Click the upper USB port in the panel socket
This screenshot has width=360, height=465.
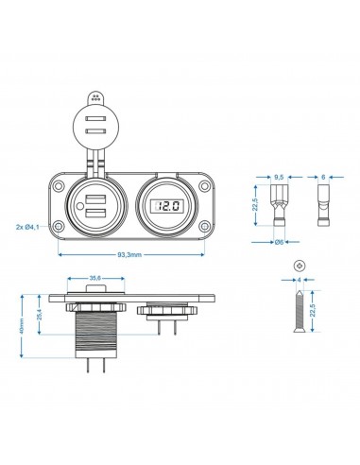pyautogui.click(x=97, y=198)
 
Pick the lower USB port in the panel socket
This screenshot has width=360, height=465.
pyautogui.click(x=97, y=213)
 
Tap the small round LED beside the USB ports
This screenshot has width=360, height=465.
pyautogui.click(x=116, y=205)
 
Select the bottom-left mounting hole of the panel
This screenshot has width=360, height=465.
pyautogui.click(x=60, y=227)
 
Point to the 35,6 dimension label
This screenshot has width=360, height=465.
pyautogui.click(x=95, y=279)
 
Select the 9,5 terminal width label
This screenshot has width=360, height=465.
pyautogui.click(x=278, y=177)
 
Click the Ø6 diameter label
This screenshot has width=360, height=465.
pyautogui.click(x=279, y=243)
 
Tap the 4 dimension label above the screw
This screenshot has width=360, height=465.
pyautogui.click(x=299, y=280)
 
